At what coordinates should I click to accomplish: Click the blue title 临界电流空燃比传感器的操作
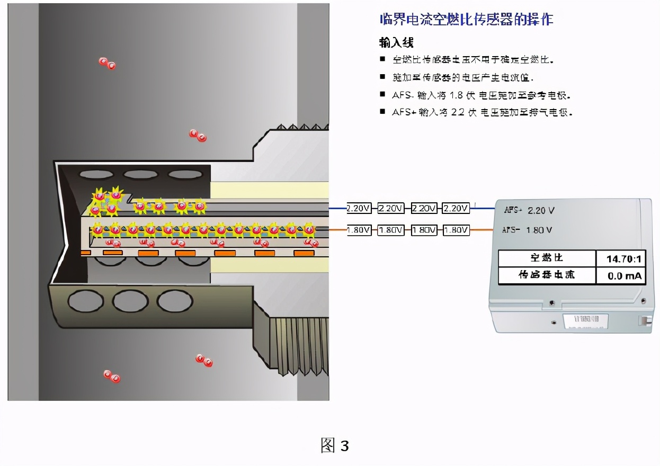tap(467, 20)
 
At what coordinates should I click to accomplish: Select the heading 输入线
tap(396, 43)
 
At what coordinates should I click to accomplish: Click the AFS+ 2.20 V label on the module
tap(529, 211)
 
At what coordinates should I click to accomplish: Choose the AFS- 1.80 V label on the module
tap(527, 230)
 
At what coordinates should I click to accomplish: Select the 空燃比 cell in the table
tap(546, 258)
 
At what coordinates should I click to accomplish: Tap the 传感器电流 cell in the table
tap(546, 275)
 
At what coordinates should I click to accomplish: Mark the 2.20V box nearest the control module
tap(456, 209)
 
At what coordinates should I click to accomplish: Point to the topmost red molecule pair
tap(107, 64)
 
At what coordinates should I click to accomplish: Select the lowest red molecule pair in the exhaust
tap(112, 377)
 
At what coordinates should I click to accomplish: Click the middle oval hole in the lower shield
tap(130, 302)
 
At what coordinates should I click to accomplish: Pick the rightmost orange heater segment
tap(304, 253)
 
